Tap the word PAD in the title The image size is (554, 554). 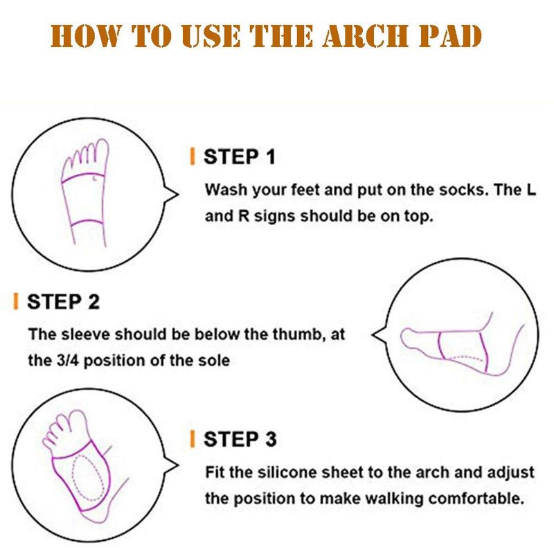(x=451, y=36)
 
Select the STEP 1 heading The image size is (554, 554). (x=239, y=157)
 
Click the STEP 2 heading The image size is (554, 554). (x=63, y=302)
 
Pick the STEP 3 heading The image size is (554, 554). (x=240, y=439)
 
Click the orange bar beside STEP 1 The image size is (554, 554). (x=193, y=157)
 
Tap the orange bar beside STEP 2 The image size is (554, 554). (x=15, y=301)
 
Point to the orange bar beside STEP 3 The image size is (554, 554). (x=193, y=439)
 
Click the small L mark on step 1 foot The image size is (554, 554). (x=94, y=179)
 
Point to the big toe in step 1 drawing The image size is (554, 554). (x=102, y=150)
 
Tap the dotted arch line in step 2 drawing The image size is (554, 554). (x=465, y=358)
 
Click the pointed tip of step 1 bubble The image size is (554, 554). (x=178, y=194)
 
